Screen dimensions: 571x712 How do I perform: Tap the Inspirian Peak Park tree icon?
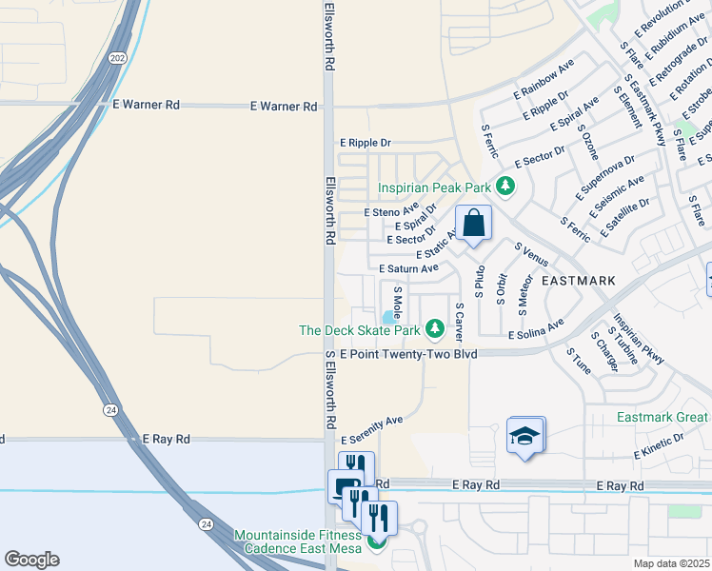(x=507, y=187)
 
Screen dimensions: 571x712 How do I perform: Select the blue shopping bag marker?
(x=473, y=225)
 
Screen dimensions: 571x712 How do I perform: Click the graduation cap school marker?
(x=525, y=436)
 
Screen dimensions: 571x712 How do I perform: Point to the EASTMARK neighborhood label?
(x=579, y=281)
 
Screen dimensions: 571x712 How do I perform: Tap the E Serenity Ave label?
(x=372, y=420)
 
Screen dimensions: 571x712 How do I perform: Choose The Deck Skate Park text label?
(x=360, y=330)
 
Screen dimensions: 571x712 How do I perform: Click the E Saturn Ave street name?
(x=408, y=269)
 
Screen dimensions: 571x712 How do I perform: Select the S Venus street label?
(x=530, y=255)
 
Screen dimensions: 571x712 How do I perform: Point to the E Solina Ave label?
(x=536, y=335)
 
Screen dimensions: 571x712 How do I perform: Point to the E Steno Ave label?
(x=391, y=211)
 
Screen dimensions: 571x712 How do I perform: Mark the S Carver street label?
(x=459, y=324)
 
